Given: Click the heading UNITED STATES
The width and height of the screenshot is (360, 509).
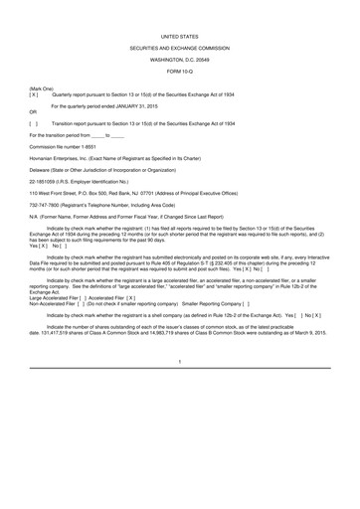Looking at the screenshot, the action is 180,33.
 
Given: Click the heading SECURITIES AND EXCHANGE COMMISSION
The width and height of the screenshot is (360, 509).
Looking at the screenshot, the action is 180,47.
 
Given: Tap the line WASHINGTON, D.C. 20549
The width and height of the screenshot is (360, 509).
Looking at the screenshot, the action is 180,60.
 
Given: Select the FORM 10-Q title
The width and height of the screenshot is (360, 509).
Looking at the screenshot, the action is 180,73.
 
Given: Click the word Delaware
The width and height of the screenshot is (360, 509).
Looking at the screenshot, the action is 42,171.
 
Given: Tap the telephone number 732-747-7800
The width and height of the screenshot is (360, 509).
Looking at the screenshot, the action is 48,206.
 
